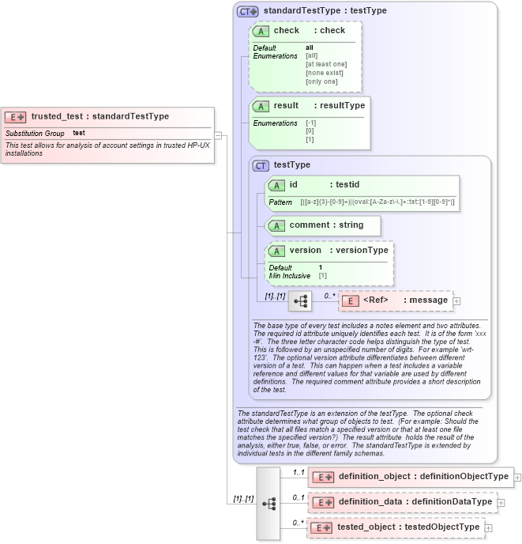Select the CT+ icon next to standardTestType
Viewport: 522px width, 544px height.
pos(248,11)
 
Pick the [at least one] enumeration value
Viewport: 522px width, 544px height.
pos(326,64)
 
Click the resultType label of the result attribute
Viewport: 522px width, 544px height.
pos(341,106)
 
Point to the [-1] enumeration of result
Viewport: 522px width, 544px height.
pos(310,123)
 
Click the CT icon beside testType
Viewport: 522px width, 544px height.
pos(261,165)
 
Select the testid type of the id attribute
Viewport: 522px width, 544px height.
pos(344,185)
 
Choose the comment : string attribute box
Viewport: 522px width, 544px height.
pos(323,225)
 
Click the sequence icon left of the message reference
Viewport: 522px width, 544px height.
pos(300,301)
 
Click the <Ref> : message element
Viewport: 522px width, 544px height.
pos(395,300)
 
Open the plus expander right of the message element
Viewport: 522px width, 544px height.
pos(456,301)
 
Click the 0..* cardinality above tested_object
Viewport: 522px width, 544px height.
pos(297,522)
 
